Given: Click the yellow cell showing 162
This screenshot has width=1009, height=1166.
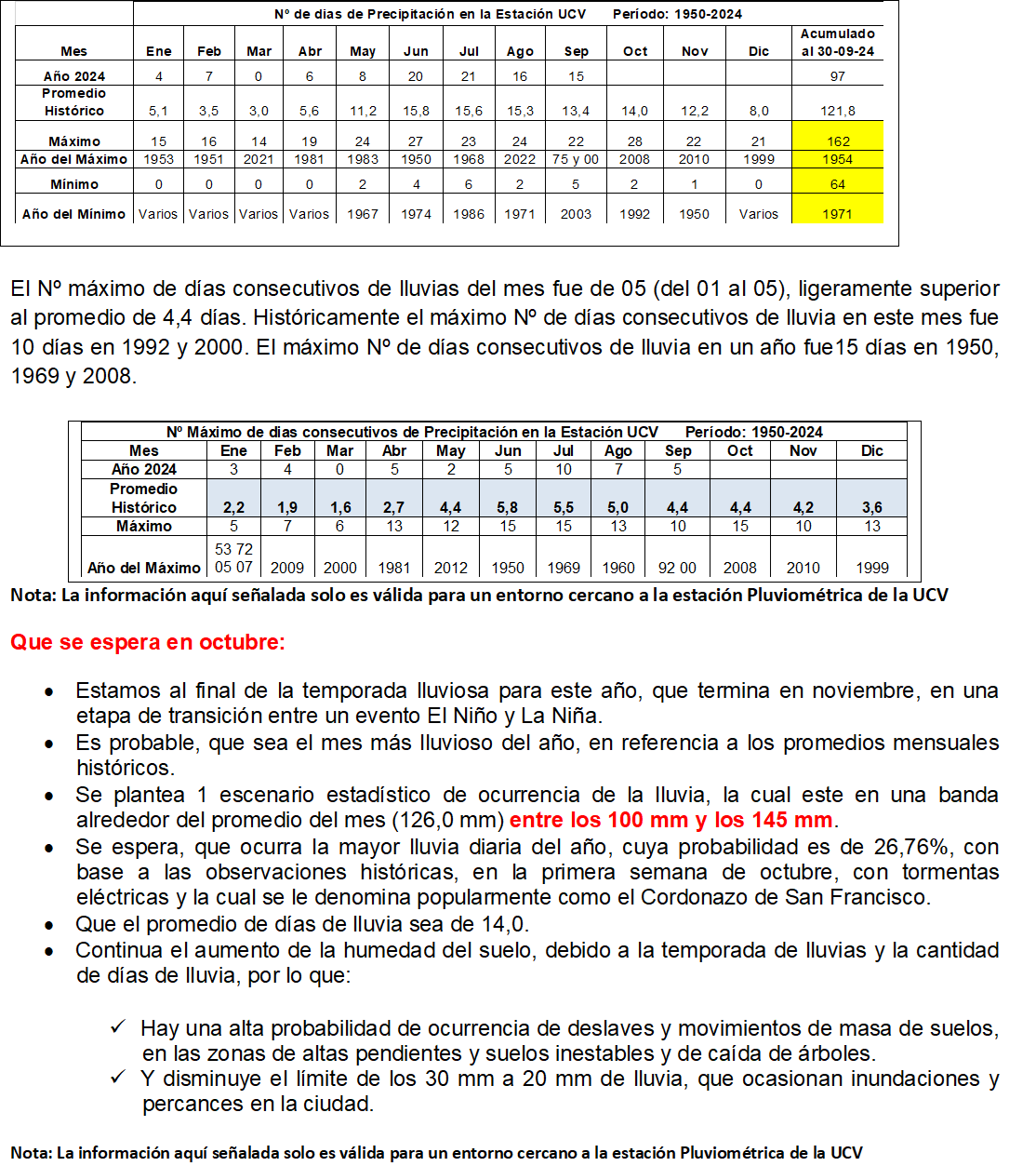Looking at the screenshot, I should pos(838,141).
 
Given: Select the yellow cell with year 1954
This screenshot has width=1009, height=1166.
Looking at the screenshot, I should pos(838,159).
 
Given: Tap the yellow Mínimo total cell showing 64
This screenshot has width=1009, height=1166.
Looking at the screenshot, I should pos(838,184).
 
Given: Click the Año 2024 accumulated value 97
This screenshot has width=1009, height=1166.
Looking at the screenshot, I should pos(838,76).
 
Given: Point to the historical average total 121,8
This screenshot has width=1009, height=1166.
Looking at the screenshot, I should pos(838,111).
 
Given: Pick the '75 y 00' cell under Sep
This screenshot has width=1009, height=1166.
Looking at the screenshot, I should pos(576,159).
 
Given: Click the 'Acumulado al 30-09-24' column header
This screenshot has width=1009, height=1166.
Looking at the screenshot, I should pos(838,43).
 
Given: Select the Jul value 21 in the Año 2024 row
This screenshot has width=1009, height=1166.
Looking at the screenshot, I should pos(469,76).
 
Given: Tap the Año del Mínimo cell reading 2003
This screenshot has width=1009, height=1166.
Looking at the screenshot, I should pos(576,214).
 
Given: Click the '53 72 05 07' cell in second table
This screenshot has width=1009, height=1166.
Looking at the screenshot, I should pos(233,558).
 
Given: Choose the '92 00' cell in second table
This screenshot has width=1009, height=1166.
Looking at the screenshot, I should pos(677,568).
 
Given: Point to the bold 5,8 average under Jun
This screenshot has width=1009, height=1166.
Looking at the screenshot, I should pos(508,508).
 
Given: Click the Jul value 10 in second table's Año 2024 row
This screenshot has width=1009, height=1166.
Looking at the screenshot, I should pos(564,470).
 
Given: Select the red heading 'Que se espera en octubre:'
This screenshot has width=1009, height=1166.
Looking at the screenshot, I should pos(148,642).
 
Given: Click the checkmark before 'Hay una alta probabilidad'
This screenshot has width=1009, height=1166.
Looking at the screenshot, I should pos(118,1026).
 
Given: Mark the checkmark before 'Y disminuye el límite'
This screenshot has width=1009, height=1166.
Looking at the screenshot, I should pos(118,1077).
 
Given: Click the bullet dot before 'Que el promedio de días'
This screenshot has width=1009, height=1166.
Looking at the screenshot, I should pos(49,925).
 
